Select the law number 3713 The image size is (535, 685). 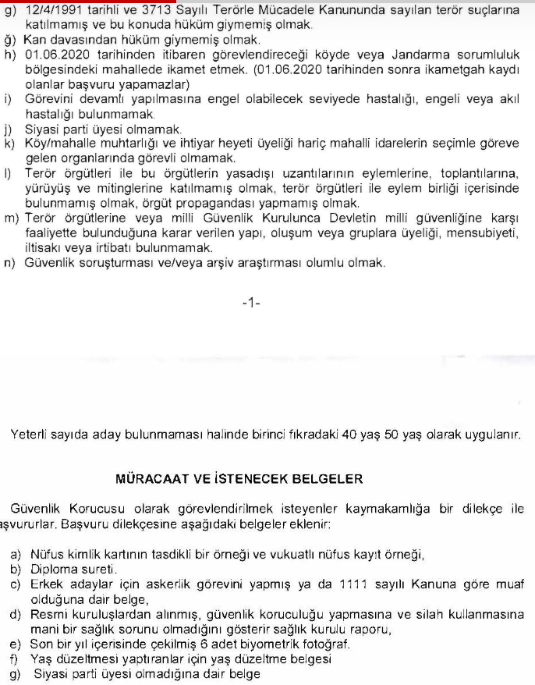click(x=151, y=9)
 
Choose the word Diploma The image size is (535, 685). click(x=51, y=570)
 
